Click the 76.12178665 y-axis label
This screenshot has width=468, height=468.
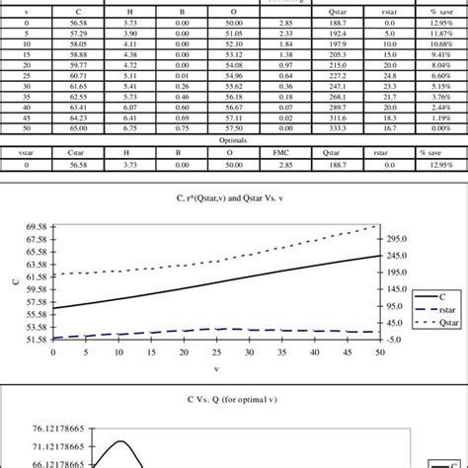(41, 429)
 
